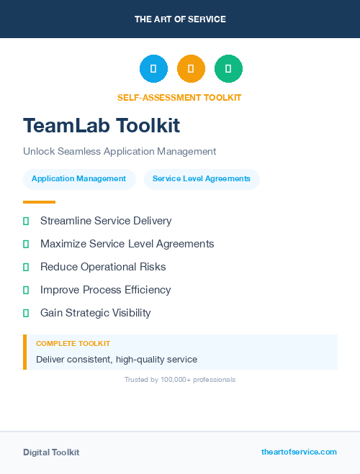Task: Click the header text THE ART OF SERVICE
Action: tap(180, 19)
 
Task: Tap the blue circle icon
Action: tap(153, 69)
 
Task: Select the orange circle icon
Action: tap(191, 69)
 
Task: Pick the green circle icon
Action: tap(228, 69)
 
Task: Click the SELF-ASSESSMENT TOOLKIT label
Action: tap(179, 97)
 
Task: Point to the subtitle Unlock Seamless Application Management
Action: tap(120, 152)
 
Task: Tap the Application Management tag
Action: tap(79, 178)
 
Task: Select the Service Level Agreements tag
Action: tap(202, 178)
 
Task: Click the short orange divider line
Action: tap(39, 202)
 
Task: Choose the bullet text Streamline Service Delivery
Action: tap(106, 221)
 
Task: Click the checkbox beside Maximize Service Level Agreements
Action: tap(26, 244)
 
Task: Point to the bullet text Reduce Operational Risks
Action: tap(103, 267)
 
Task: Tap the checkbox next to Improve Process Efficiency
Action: tap(26, 290)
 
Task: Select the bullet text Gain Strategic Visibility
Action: tap(96, 313)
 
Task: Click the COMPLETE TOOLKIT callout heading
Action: tap(73, 344)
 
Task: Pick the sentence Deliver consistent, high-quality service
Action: tap(117, 359)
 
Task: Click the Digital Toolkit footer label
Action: tap(51, 452)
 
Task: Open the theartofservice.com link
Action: tap(299, 452)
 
